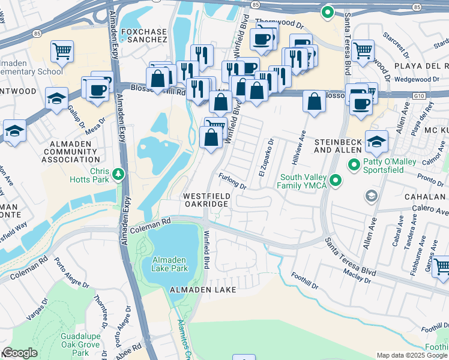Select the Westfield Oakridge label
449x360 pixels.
[206, 200]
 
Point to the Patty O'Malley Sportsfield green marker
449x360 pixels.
[355, 164]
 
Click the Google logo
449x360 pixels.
[20, 353]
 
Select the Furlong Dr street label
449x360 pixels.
[233, 182]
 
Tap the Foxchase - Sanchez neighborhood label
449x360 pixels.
[143, 35]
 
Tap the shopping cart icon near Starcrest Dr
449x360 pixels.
[363, 50]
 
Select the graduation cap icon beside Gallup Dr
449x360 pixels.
[56, 99]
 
